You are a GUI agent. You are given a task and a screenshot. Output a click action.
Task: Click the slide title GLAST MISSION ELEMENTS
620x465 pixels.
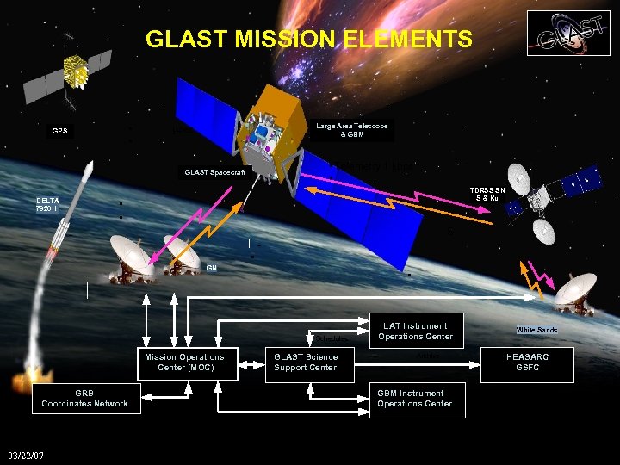(309, 40)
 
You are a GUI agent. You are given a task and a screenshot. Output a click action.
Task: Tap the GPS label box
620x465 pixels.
(60, 132)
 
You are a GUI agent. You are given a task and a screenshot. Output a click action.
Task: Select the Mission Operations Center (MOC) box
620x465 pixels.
(184, 363)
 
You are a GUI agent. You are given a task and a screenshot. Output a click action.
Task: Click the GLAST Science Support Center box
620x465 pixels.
(306, 363)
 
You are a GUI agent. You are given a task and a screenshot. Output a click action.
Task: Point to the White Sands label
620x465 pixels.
(536, 330)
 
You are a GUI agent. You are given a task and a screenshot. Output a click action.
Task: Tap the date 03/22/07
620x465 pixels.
(26, 455)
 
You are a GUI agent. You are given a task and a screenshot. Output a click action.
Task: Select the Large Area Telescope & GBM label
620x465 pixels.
(351, 130)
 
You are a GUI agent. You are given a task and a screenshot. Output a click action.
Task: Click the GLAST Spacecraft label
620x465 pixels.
(214, 173)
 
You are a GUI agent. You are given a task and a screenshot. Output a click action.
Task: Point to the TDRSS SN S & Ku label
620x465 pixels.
(488, 195)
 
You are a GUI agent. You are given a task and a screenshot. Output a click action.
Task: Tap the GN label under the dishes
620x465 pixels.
(211, 268)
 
